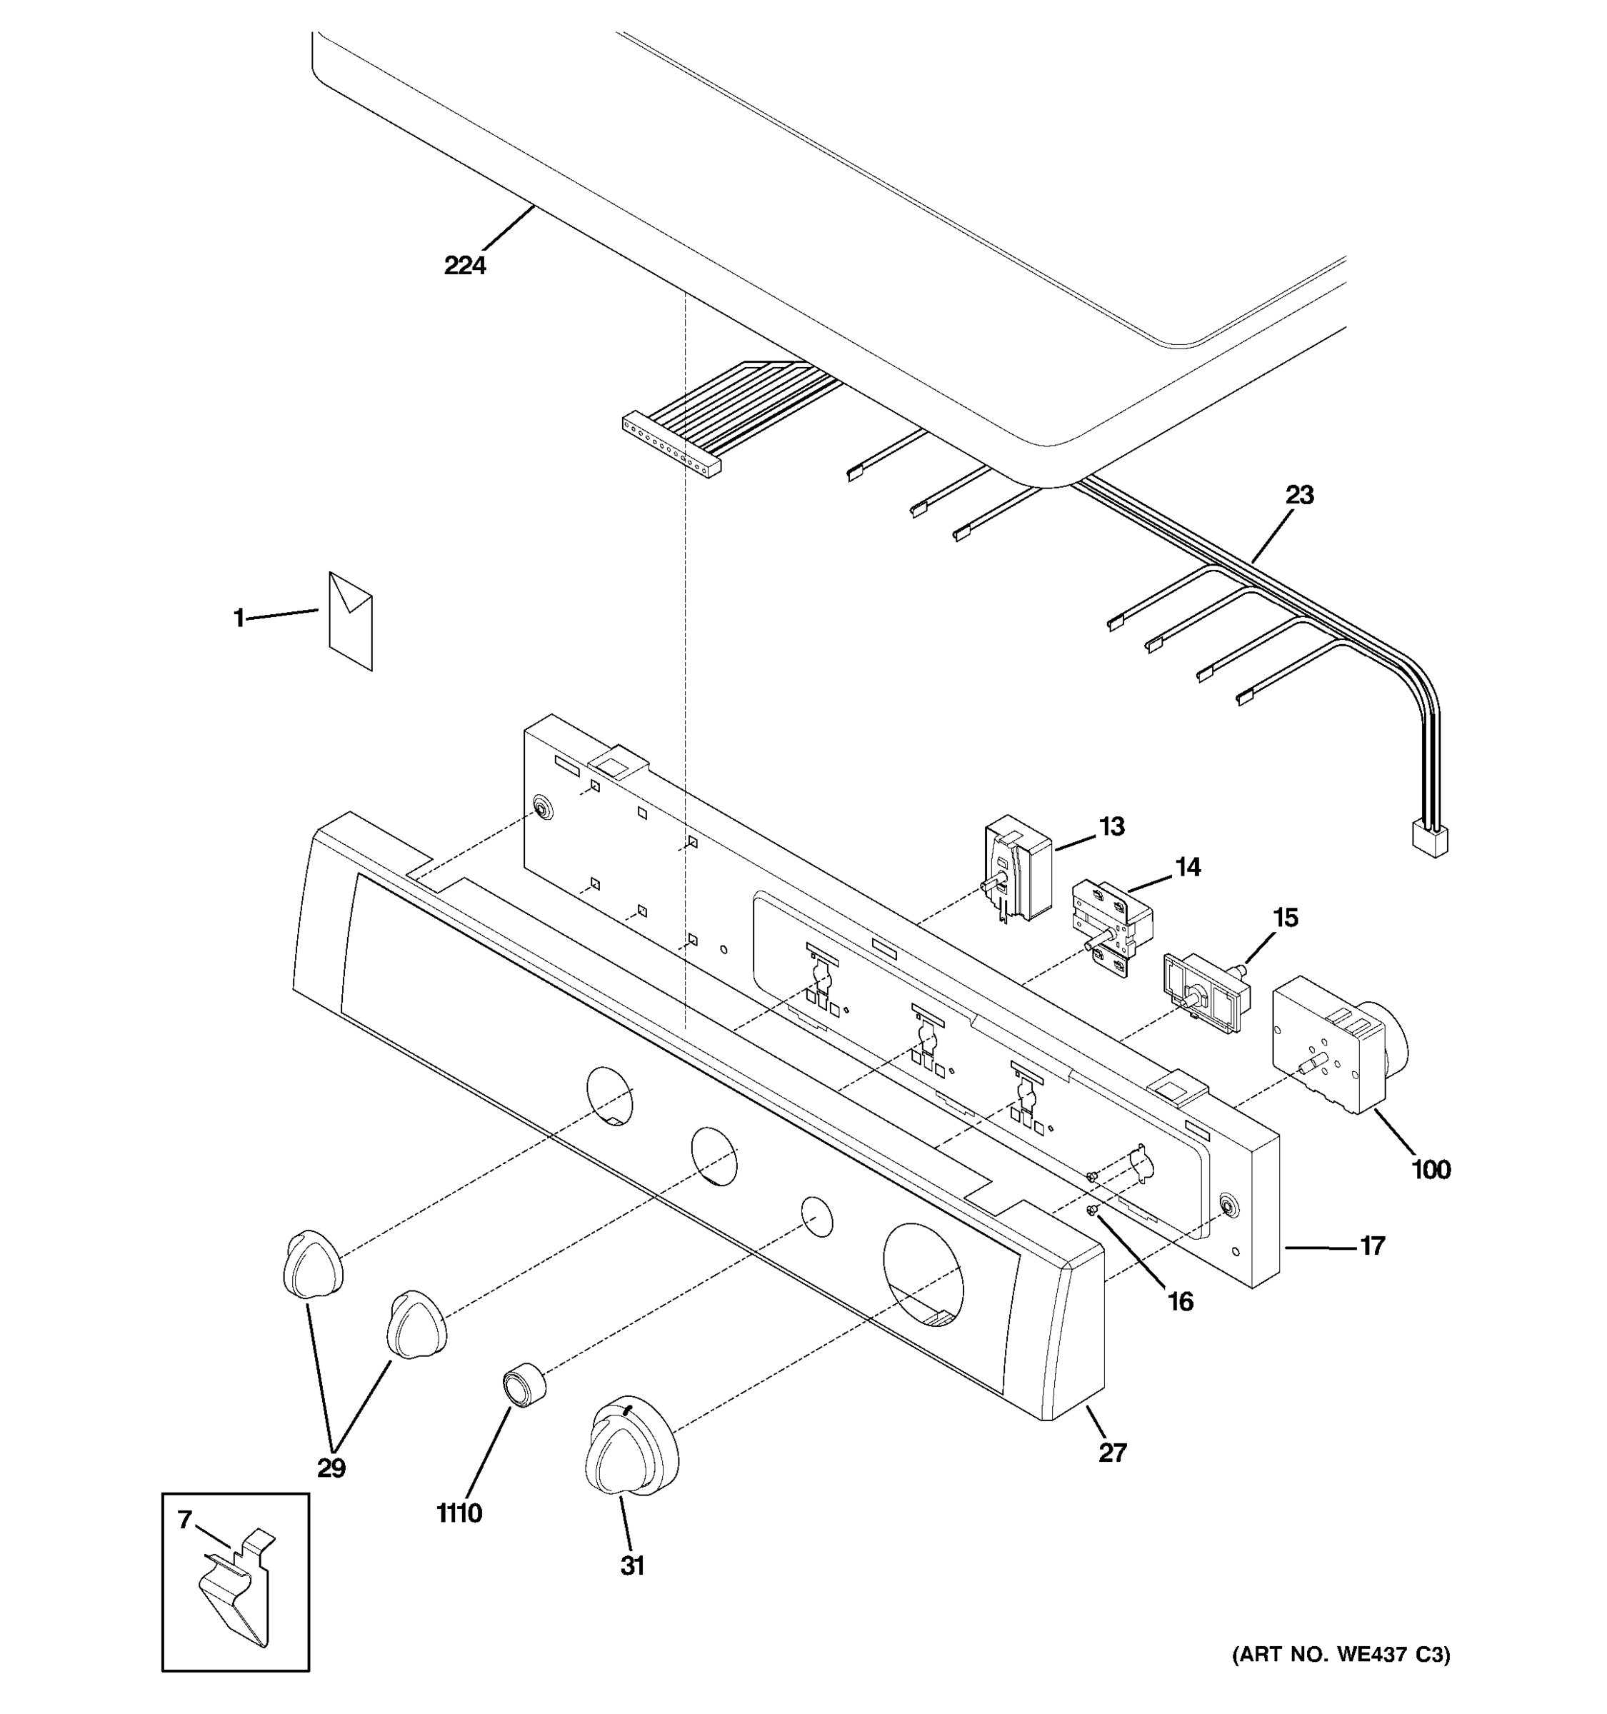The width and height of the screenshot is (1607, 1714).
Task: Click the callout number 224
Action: tap(465, 266)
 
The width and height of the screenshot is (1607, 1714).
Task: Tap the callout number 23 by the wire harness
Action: tap(1299, 495)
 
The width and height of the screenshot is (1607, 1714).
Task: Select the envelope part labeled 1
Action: tap(351, 621)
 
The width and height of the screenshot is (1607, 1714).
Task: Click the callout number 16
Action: tap(1180, 1301)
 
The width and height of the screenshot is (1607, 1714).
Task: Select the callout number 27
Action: tap(1112, 1453)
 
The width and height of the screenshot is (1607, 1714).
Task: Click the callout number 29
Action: tap(331, 1468)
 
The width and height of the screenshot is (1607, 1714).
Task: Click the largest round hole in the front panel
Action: tap(923, 1273)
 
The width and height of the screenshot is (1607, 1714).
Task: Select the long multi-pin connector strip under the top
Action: tap(671, 444)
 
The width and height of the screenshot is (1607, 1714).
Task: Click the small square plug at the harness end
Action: tap(1428, 839)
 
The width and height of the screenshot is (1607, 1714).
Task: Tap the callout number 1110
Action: tap(459, 1513)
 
